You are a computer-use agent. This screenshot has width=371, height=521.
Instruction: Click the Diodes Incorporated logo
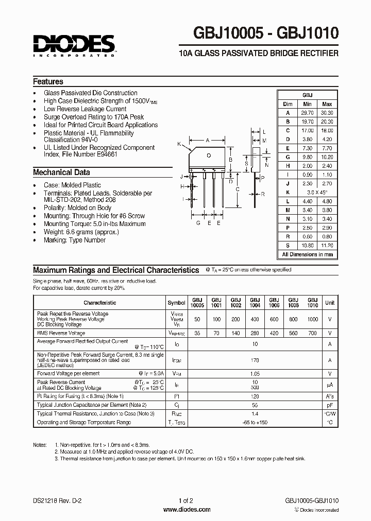(74, 46)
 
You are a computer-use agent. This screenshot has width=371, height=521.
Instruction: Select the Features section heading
(48, 81)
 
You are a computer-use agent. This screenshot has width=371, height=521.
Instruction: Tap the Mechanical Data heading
(61, 172)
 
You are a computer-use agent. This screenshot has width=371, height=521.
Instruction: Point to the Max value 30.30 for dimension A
(327, 113)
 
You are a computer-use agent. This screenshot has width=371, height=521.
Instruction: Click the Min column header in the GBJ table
(307, 104)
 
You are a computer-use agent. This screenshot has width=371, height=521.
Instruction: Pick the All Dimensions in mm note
(308, 254)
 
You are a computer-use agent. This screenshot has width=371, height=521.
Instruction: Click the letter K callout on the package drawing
(179, 144)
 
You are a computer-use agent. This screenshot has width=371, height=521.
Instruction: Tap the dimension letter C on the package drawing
(237, 188)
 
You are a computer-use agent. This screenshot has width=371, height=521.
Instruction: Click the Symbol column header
(177, 303)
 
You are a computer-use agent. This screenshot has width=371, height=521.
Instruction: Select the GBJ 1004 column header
(255, 303)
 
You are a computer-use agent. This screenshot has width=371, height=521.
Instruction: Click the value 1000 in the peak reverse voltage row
(312, 319)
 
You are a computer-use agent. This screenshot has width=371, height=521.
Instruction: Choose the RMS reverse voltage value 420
(274, 333)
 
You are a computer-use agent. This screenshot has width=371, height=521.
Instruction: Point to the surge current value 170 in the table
(255, 360)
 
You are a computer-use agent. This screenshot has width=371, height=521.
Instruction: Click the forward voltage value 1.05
(255, 373)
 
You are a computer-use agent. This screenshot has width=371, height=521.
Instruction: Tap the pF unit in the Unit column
(330, 405)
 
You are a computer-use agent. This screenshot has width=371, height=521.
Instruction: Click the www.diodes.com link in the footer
(186, 510)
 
